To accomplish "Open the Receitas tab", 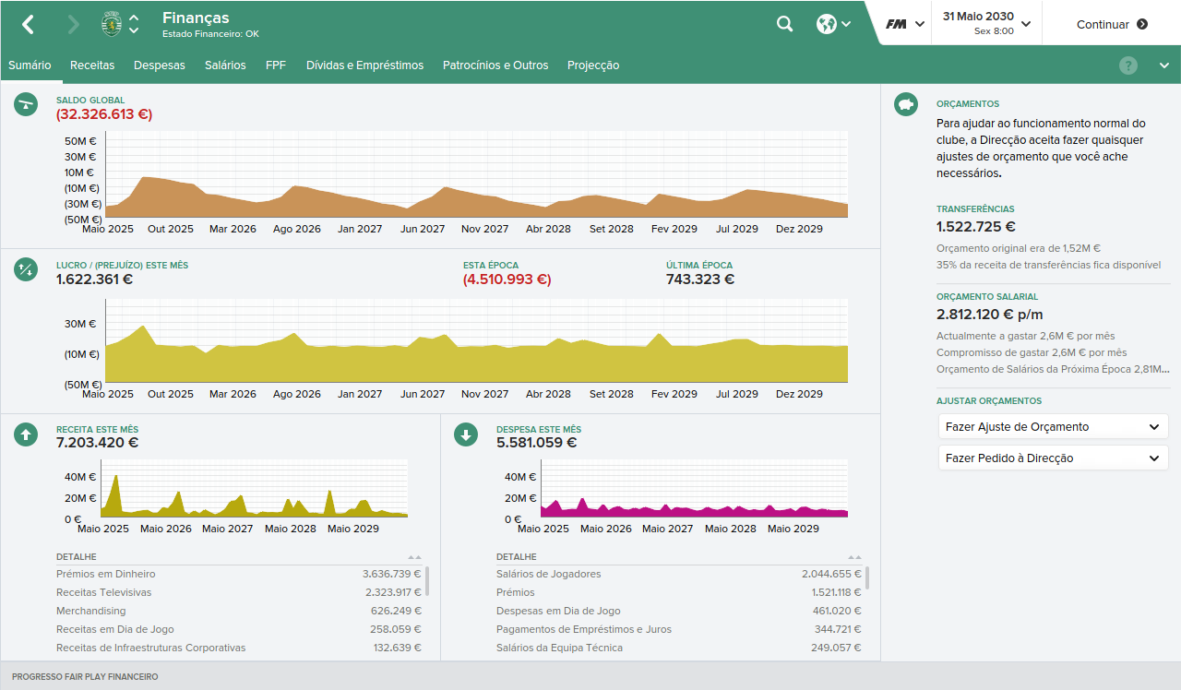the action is tap(92, 65).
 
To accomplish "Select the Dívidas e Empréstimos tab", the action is tap(364, 65).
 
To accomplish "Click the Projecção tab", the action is tap(593, 65).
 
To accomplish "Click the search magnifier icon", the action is tap(784, 24).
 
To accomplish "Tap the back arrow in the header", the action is tap(28, 24).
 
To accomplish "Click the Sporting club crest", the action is tap(112, 24).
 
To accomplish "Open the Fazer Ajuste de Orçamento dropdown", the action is tap(1053, 427).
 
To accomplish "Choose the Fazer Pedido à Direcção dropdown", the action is tap(1053, 458).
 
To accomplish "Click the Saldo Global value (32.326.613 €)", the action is tap(104, 114).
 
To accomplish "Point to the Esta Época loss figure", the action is tap(507, 280).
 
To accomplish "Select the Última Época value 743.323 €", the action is tap(700, 280).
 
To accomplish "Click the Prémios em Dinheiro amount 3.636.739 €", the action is tap(392, 574).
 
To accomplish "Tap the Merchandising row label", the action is tap(90, 611).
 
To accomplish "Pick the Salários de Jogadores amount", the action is tap(831, 574).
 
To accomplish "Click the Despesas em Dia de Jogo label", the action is tap(558, 611).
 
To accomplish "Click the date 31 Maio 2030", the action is tap(978, 17).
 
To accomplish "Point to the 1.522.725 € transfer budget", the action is tap(976, 227).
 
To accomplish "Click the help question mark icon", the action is tap(1127, 65).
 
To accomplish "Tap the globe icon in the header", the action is tap(826, 24).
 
